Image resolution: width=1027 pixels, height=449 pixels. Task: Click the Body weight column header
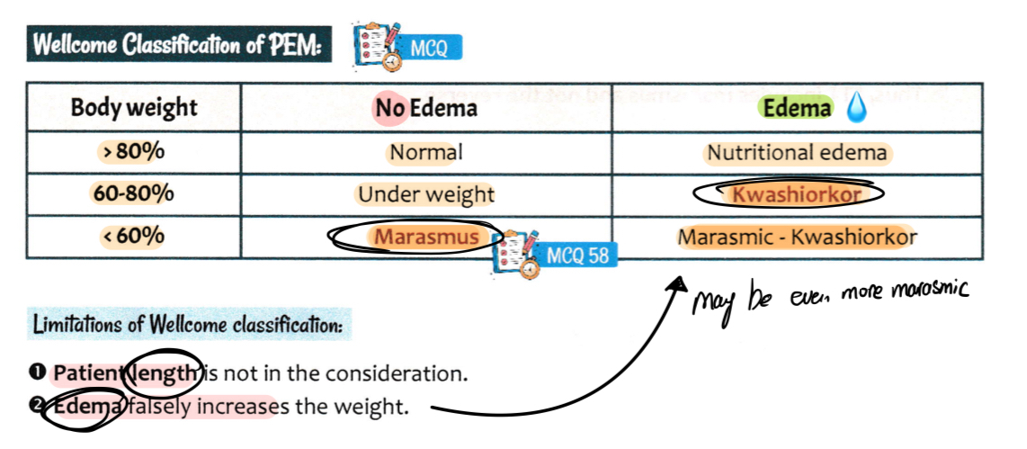coord(134,108)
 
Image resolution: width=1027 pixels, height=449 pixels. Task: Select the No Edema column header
coord(426,109)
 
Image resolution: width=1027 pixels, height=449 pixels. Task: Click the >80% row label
coord(131,152)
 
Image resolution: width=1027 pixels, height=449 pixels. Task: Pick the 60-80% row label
coord(133,193)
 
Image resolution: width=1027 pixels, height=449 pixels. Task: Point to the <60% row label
coord(131,236)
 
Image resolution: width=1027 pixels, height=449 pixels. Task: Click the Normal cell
coord(426,152)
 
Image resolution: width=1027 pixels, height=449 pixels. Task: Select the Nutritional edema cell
coord(797,153)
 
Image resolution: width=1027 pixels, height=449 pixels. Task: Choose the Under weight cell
coord(426,193)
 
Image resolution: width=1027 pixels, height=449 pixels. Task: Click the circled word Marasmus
coord(426,237)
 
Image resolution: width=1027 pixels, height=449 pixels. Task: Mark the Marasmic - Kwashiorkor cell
coord(797,238)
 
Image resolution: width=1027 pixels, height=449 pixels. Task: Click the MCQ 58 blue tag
coord(576,256)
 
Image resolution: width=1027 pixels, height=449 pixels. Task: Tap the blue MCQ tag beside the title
coord(429,48)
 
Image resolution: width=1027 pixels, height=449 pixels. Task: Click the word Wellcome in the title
coord(71,46)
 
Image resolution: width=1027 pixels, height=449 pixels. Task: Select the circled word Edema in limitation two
coord(87,407)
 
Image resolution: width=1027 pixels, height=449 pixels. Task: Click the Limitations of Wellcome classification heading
coord(186,325)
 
